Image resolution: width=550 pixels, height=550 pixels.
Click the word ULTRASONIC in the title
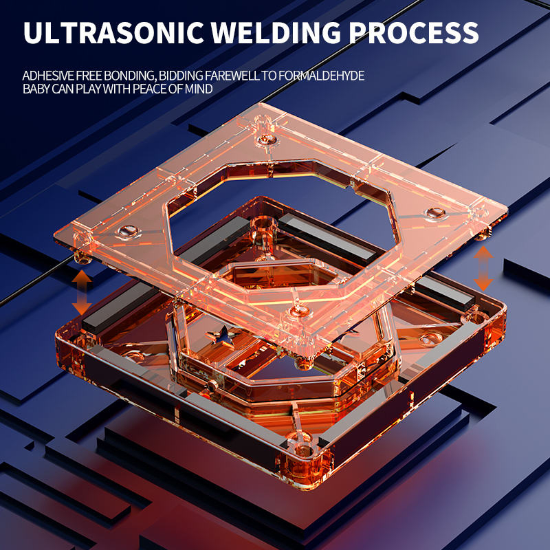point(113,32)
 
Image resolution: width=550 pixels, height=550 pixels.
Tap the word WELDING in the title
point(276,32)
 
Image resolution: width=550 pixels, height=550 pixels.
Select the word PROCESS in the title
point(414,32)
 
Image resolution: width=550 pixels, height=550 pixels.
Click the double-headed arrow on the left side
point(82,292)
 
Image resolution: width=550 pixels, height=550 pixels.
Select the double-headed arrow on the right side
point(483,268)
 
